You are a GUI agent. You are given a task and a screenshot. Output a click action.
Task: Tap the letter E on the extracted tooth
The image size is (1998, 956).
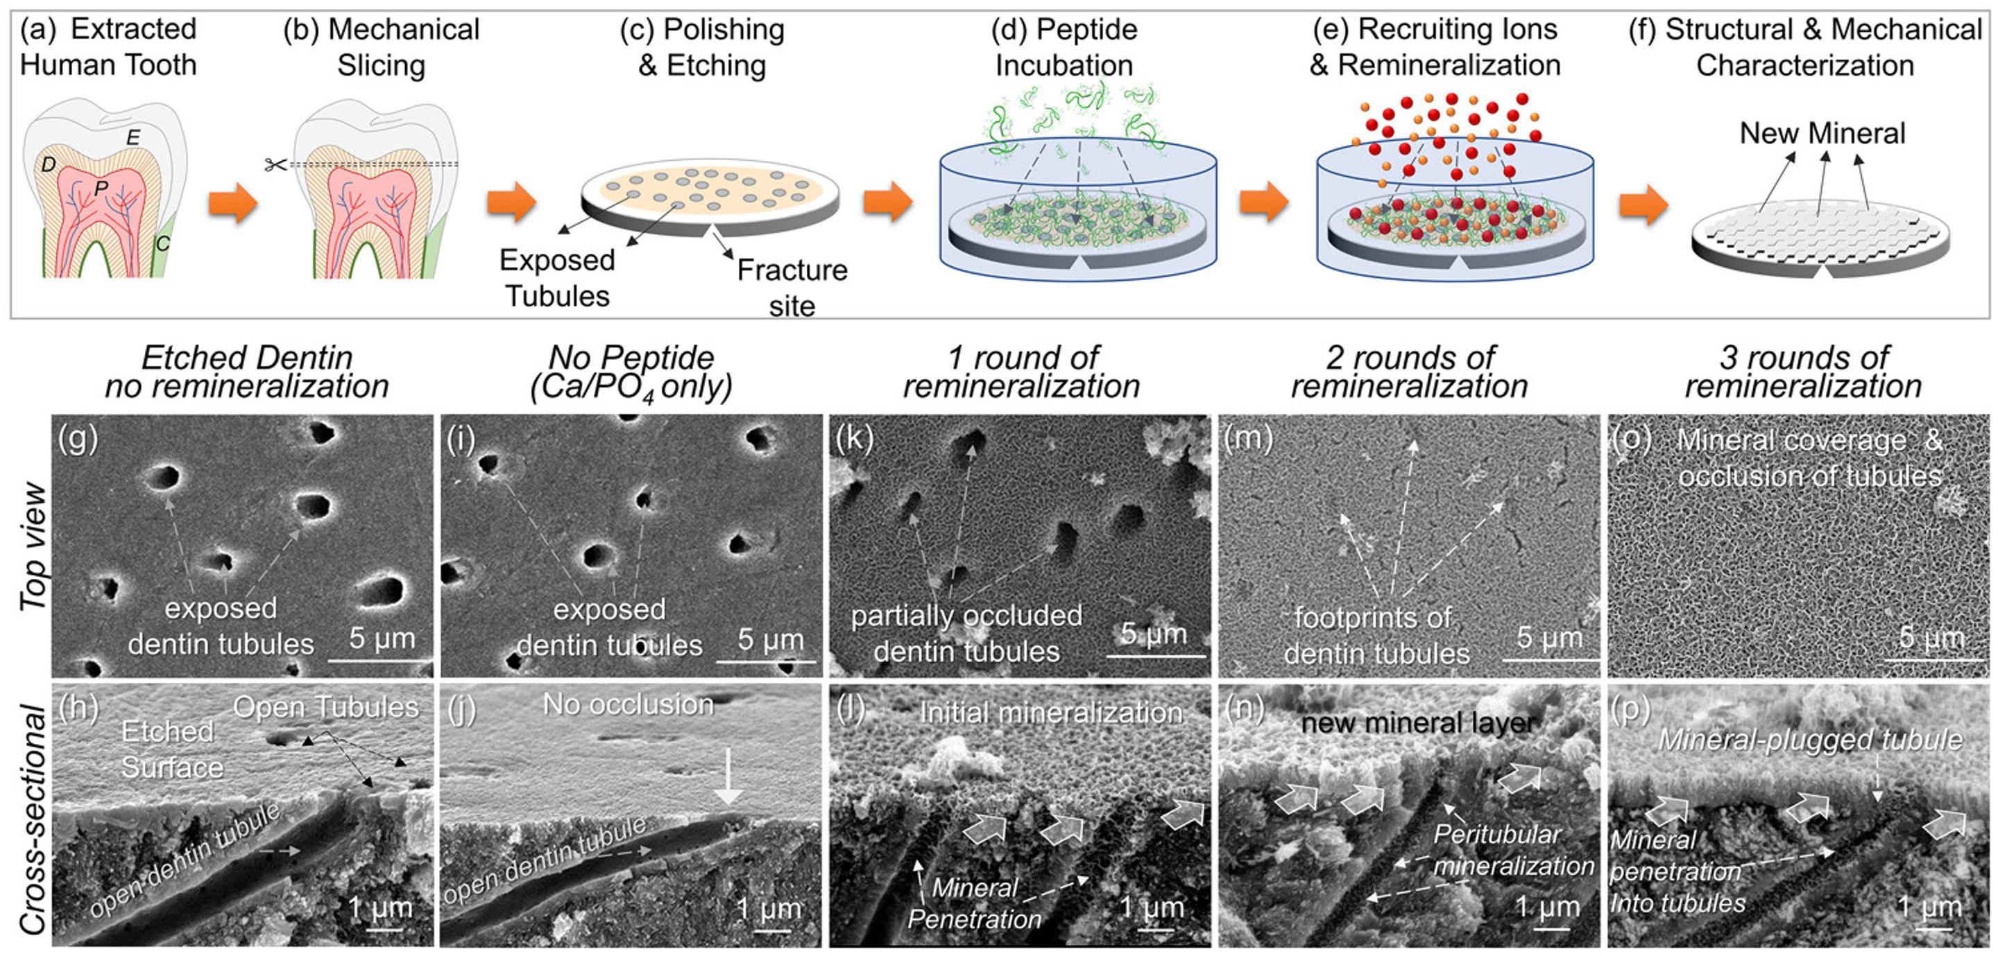click(x=133, y=138)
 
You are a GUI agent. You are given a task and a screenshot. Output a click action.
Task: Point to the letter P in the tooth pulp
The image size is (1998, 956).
click(x=101, y=189)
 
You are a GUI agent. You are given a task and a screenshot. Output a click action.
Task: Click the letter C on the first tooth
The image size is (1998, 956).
click(x=163, y=244)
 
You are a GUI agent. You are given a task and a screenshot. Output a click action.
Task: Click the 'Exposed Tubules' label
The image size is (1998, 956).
click(x=557, y=277)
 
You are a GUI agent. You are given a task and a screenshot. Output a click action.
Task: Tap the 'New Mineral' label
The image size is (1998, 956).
click(x=1822, y=133)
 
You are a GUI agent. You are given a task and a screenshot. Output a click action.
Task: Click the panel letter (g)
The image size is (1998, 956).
click(x=78, y=438)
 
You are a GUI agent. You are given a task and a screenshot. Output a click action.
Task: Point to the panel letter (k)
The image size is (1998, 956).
click(x=854, y=438)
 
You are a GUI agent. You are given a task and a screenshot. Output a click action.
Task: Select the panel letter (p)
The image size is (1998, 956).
click(x=1630, y=709)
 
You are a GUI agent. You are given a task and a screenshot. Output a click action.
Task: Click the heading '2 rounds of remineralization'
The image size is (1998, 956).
click(x=1409, y=372)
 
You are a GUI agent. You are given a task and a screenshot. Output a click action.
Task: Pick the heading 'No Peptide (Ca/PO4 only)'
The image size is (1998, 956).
click(x=631, y=372)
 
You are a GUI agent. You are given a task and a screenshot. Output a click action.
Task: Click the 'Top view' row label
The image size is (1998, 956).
click(x=33, y=546)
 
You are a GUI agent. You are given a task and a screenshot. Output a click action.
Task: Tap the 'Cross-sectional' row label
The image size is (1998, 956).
click(x=33, y=819)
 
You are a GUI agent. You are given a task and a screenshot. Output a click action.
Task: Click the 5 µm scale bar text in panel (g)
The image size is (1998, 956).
click(x=382, y=638)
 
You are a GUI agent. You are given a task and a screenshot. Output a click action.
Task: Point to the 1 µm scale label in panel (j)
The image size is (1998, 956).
click(x=769, y=907)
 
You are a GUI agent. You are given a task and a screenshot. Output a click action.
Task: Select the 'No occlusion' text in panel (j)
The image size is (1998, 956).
click(x=629, y=704)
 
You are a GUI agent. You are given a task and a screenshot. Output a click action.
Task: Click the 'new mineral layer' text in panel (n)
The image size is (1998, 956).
click(x=1418, y=722)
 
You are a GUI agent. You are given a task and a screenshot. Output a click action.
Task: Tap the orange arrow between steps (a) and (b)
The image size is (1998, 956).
click(x=232, y=203)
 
